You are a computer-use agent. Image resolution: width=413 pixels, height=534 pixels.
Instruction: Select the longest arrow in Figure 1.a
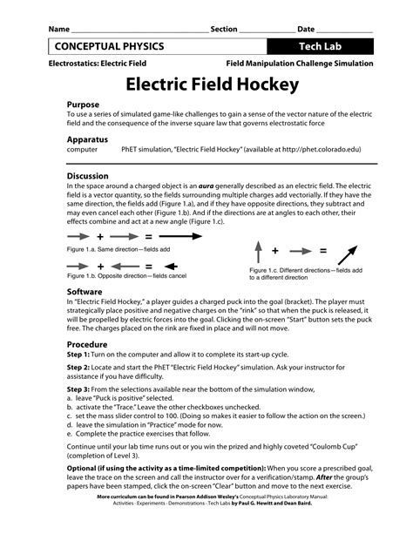click(x=179, y=236)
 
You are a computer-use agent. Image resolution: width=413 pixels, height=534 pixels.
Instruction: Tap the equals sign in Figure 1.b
click(x=148, y=266)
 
